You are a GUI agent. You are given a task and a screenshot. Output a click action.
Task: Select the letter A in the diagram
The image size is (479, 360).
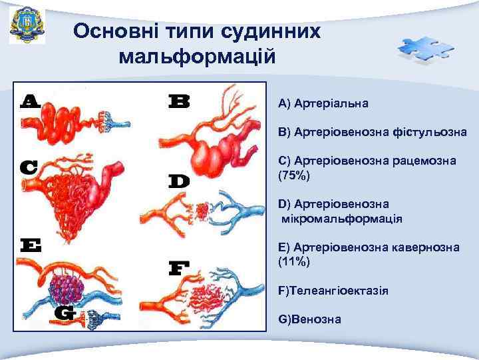30,101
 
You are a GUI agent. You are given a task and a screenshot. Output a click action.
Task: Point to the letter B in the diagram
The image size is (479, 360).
178,101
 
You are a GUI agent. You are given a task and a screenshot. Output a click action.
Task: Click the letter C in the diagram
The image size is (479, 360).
28,167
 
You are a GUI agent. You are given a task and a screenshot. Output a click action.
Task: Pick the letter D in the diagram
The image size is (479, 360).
179,181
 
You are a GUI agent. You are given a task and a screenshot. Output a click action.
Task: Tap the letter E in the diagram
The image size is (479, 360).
30,245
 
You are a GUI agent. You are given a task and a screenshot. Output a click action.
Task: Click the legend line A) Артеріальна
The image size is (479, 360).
324,104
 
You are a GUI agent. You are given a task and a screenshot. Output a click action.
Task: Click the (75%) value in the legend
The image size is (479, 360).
294,175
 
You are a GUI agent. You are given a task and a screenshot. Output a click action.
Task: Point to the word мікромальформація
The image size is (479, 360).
342,218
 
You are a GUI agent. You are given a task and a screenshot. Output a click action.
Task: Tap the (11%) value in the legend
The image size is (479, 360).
294,261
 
